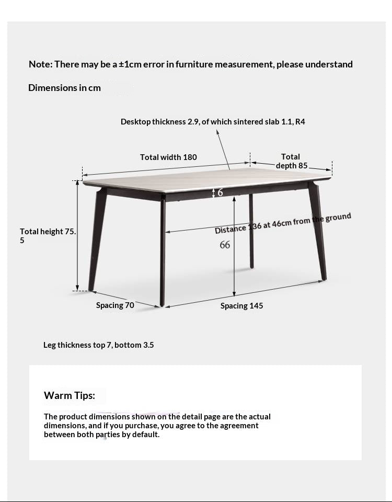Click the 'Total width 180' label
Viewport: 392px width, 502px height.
(x=168, y=157)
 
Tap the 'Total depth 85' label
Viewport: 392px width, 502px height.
(x=291, y=161)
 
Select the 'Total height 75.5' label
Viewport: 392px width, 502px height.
(x=48, y=235)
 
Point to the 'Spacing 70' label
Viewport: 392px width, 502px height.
(x=115, y=305)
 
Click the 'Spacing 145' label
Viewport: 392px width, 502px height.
(x=241, y=306)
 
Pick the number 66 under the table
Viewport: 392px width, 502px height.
(x=225, y=245)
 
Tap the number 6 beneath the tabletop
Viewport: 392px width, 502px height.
(x=220, y=192)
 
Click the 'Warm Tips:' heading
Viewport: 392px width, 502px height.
(x=70, y=395)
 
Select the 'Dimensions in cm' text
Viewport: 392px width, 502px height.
(x=64, y=88)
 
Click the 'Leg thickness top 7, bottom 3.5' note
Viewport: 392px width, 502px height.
(x=98, y=345)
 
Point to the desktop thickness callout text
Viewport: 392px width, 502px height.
(x=213, y=122)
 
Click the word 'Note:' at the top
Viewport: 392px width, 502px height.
(x=40, y=64)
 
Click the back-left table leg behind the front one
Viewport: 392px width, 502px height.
(x=98, y=235)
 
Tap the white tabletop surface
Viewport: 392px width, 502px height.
(x=209, y=175)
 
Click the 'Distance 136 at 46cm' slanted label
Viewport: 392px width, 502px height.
(x=283, y=223)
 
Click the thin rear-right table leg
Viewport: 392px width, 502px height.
(x=251, y=230)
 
